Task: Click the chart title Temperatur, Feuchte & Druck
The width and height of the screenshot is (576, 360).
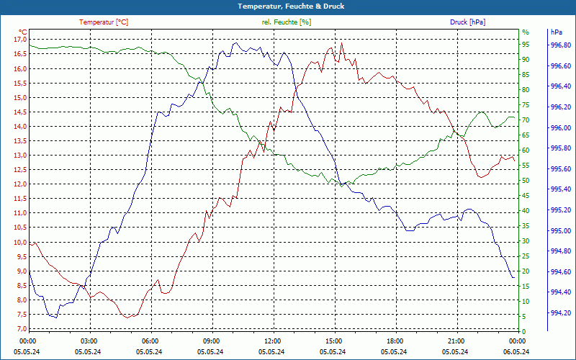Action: [288, 6]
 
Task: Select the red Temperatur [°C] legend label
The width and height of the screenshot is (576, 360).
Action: [104, 22]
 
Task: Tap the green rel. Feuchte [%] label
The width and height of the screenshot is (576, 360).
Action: [287, 22]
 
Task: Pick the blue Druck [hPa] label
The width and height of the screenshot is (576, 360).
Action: [467, 22]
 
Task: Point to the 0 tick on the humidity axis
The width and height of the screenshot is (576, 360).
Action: [524, 331]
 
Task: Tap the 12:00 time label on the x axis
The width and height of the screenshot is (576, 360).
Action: [272, 340]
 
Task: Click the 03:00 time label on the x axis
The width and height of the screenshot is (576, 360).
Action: [89, 340]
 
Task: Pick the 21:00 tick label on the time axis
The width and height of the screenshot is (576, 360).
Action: [456, 340]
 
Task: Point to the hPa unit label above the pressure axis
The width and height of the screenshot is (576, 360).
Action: [556, 32]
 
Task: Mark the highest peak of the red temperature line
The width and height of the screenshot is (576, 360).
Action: [342, 43]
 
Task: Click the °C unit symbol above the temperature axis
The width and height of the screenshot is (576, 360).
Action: [23, 32]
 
